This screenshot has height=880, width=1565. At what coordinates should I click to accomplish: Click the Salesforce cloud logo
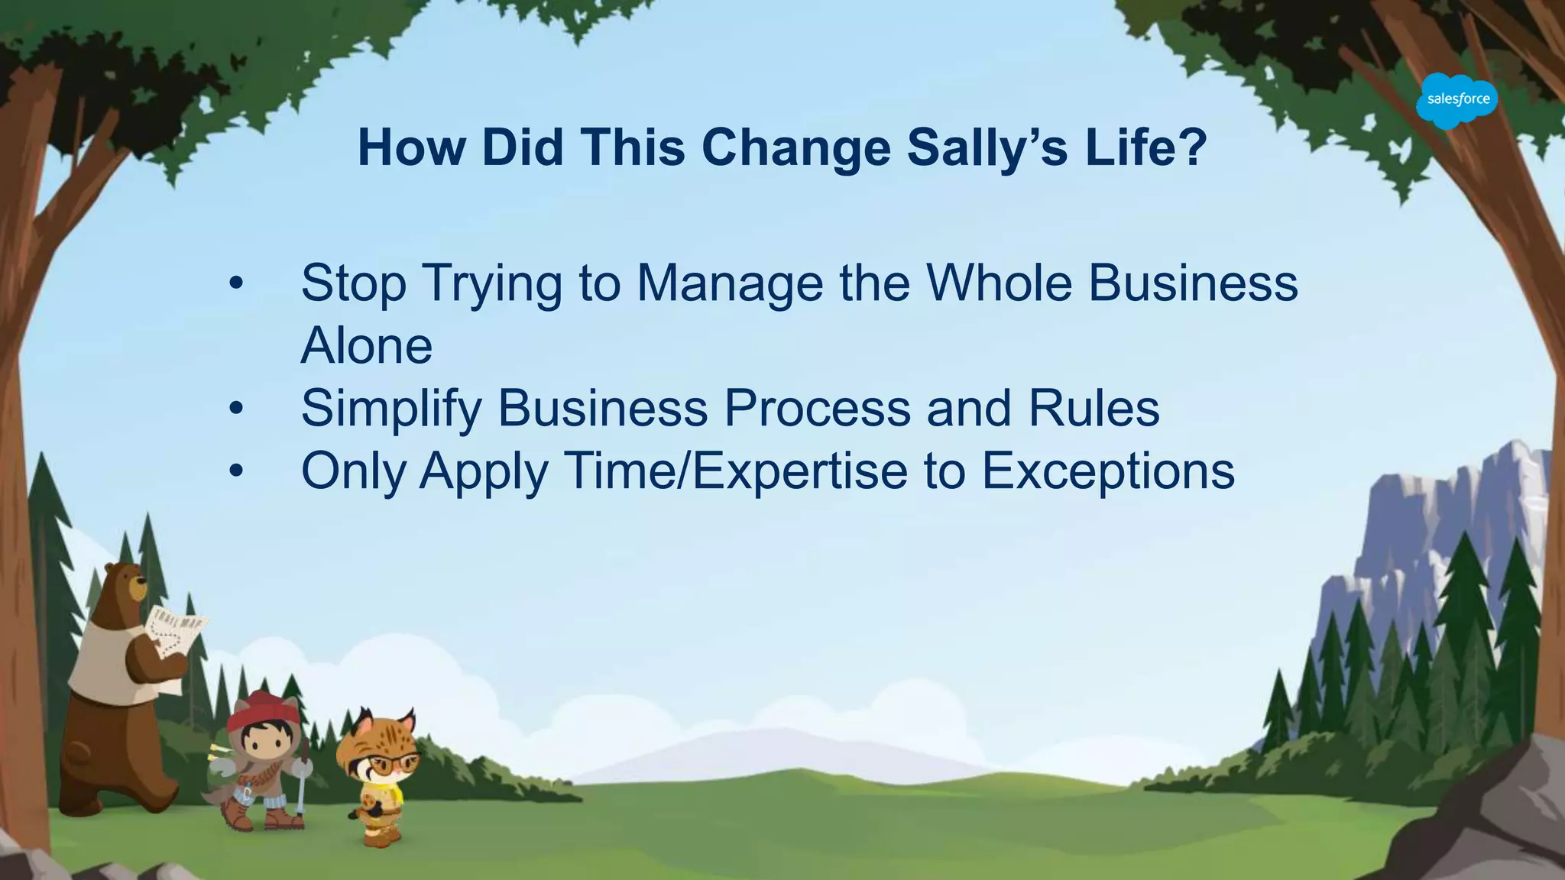(1456, 100)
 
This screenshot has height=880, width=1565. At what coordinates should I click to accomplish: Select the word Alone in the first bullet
(367, 346)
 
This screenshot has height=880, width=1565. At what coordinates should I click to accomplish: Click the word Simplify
(390, 409)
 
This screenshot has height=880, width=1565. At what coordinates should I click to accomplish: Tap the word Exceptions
(1108, 471)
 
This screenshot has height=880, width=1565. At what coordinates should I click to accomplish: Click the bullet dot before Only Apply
(236, 472)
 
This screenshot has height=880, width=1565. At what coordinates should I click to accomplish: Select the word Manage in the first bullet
(730, 283)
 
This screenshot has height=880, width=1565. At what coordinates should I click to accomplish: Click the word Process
(817, 409)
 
